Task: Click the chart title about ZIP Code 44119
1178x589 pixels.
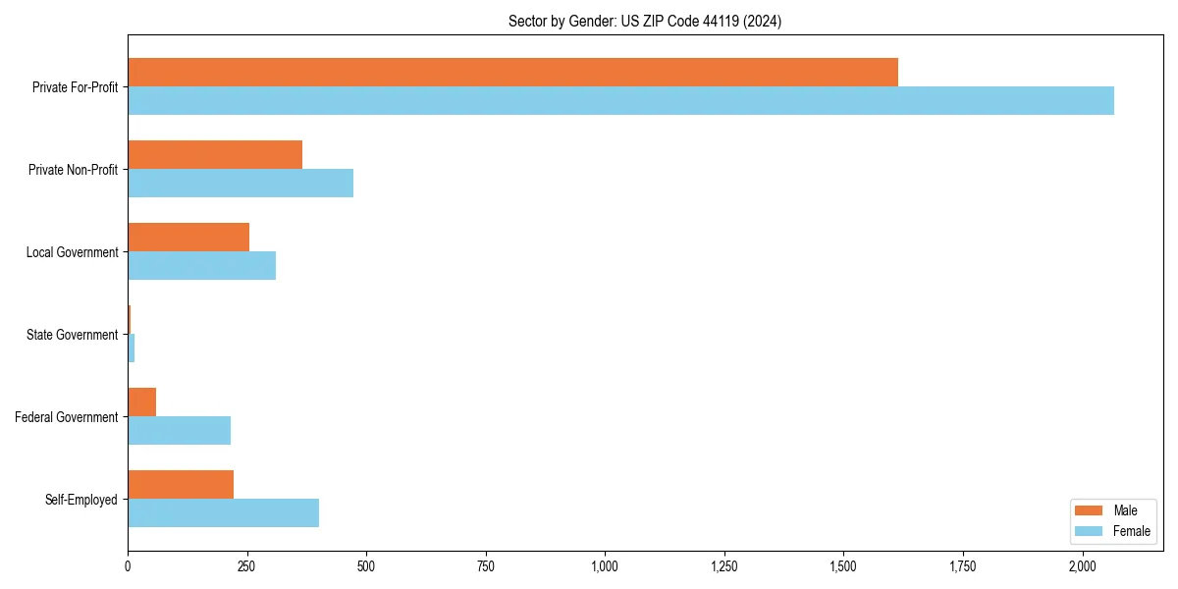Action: pos(644,21)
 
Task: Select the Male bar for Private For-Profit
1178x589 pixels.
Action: pos(512,73)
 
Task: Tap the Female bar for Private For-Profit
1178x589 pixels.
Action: pos(620,101)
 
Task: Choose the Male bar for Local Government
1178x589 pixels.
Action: pos(188,238)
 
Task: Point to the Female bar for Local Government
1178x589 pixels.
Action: pos(201,266)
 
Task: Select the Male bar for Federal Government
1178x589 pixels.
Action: pos(141,402)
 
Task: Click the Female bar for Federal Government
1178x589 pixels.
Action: pos(179,431)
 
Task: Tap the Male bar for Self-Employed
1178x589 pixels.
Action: pos(181,485)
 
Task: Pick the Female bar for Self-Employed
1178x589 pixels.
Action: pos(223,513)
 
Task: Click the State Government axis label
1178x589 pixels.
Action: pos(73,335)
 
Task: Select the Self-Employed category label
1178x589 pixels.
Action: pos(81,500)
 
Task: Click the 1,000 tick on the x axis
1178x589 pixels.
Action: pos(605,566)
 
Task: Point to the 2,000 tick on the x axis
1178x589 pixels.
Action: pos(1082,566)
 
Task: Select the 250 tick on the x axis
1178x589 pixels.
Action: pos(246,566)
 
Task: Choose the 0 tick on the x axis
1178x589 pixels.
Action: pos(128,566)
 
